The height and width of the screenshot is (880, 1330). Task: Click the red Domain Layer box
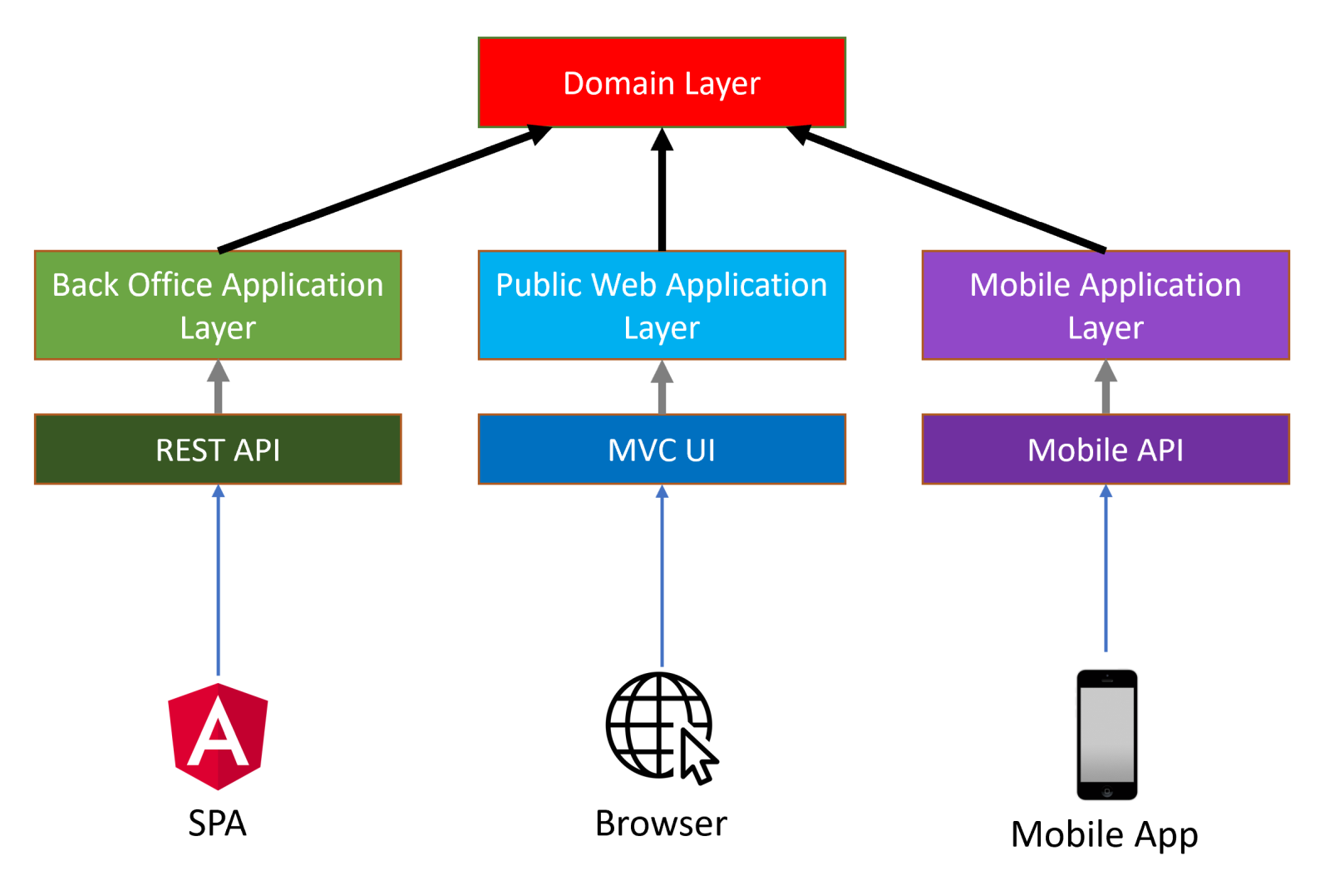(x=662, y=82)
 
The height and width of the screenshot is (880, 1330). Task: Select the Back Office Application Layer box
(x=218, y=305)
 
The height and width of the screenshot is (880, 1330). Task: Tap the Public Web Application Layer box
(x=662, y=305)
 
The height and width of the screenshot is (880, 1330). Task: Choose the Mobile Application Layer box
(x=1106, y=305)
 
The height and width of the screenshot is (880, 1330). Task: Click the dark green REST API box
(x=218, y=450)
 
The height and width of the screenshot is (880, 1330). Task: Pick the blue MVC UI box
(x=662, y=450)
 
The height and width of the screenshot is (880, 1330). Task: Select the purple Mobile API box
(x=1106, y=450)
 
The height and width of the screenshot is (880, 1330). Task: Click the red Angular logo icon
(x=218, y=736)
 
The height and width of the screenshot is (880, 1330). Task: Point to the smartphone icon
(x=1106, y=735)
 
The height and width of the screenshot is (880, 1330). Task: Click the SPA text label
(x=218, y=823)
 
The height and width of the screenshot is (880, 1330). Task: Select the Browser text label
(x=661, y=823)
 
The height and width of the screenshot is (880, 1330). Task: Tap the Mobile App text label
(x=1104, y=834)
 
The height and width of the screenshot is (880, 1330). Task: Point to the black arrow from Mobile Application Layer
(x=948, y=189)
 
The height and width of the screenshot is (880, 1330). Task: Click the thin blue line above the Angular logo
(x=218, y=582)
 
